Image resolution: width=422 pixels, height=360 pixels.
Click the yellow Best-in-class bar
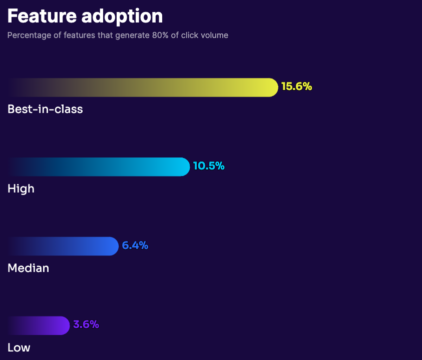[x=150, y=87]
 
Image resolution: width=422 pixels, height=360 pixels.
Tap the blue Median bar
[x=70, y=246]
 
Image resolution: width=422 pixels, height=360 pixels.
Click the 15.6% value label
[x=296, y=86]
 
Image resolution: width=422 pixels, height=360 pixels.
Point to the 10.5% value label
[x=209, y=166]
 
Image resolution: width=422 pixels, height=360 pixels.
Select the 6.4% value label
[x=135, y=245]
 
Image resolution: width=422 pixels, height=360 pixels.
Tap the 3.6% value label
[x=86, y=324]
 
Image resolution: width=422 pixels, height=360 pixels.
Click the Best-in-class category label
[x=45, y=109]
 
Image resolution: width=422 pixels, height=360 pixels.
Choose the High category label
[x=21, y=188]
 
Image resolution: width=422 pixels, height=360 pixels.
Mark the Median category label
[x=28, y=268]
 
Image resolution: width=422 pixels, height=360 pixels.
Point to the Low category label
[x=19, y=347]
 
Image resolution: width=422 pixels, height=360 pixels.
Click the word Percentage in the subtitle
[x=27, y=35]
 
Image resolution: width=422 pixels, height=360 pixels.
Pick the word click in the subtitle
[x=190, y=35]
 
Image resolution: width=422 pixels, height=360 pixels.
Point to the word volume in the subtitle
[x=215, y=35]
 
